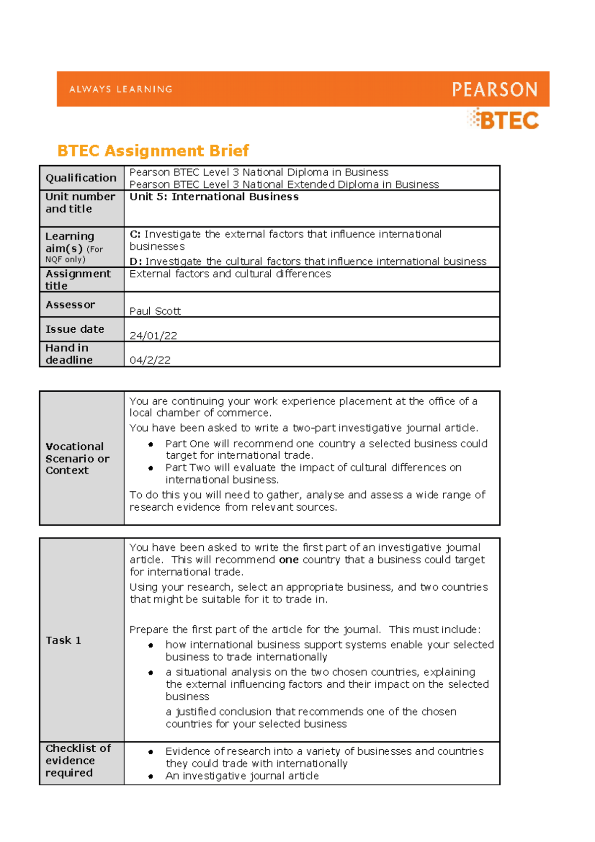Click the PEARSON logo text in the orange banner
pos(494,89)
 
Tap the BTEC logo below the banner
pos(503,120)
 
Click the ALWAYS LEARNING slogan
pos(120,89)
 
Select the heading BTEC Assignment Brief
pos(153,151)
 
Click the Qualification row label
pos(81,178)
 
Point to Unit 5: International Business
pos(214,197)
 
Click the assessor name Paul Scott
pos(155,311)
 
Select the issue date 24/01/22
pos(153,336)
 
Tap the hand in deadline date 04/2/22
pos(150,361)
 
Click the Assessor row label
pos(70,305)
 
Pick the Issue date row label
pos(74,329)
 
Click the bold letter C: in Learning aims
pos(135,234)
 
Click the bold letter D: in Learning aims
pos(135,261)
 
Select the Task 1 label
pos(63,640)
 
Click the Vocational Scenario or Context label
pos(77,458)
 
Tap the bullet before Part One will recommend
pos(150,444)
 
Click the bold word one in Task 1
pos(289,560)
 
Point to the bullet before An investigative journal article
pos(150,777)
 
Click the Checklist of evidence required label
pos(78,760)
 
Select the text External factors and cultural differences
pos(230,274)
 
